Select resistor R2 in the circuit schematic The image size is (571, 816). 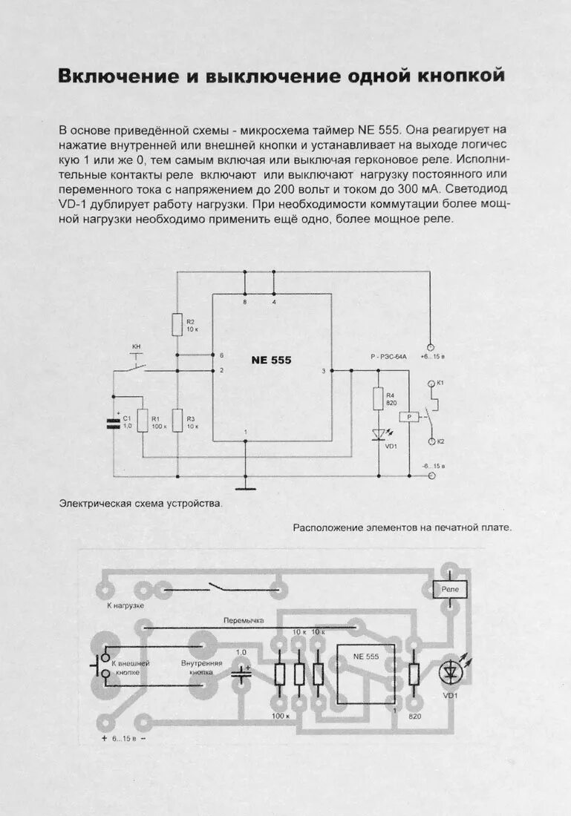[177, 324]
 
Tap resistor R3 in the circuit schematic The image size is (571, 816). [177, 420]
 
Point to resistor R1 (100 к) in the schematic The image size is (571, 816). [143, 420]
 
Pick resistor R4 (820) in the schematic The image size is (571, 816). [377, 399]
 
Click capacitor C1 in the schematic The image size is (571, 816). [113, 424]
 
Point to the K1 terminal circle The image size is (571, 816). [430, 384]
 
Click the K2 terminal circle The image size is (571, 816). [430, 441]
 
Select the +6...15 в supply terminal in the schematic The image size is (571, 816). [430, 346]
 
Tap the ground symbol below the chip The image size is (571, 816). [244, 487]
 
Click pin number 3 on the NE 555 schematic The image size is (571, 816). [323, 370]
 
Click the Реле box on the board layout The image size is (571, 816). [450, 589]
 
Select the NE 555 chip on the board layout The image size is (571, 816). [366, 674]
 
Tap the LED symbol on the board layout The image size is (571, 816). [450, 674]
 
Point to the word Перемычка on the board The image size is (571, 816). [244, 619]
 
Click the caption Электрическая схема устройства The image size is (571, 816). [140, 504]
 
